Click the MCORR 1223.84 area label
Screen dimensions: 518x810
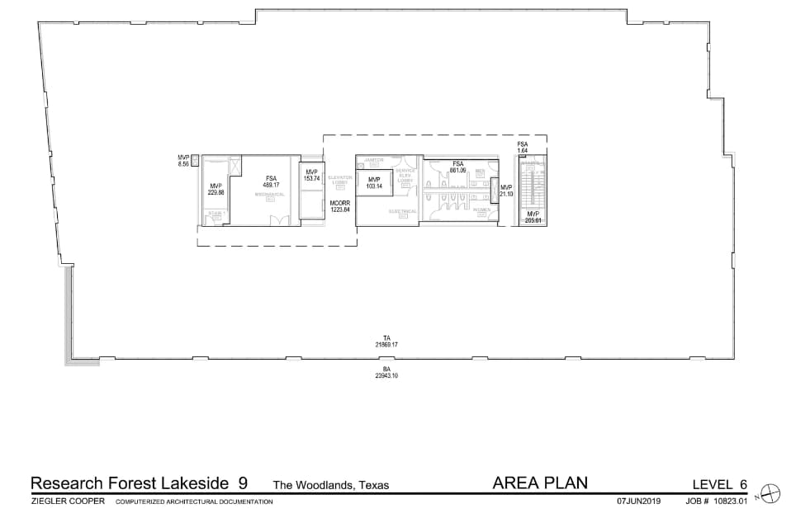point(340,206)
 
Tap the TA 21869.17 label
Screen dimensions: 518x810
point(386,341)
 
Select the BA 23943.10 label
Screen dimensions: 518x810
point(386,372)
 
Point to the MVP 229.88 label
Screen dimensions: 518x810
point(216,189)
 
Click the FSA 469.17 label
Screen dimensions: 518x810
point(272,181)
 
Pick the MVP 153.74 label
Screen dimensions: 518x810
point(311,175)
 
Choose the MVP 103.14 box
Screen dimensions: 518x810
point(374,182)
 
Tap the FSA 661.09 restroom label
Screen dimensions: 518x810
point(458,167)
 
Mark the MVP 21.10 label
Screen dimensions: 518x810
point(506,191)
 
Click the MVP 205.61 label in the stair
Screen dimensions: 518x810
point(533,217)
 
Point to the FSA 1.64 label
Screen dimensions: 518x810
point(523,148)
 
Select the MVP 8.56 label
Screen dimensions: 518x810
point(183,161)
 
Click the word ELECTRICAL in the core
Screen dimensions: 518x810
point(403,211)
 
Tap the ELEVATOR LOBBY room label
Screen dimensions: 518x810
point(340,180)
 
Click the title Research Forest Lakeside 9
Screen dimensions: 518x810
point(139,483)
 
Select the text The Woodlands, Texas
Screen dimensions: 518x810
point(331,485)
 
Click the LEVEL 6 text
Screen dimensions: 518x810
point(720,484)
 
